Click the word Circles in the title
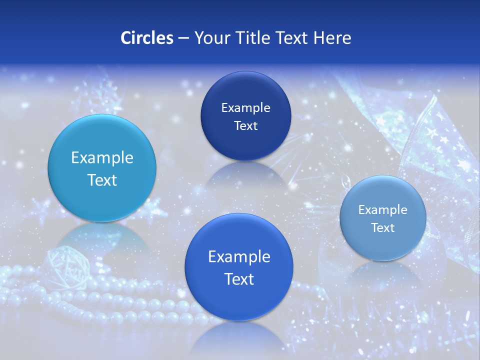pyautogui.click(x=146, y=38)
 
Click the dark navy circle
pyautogui.click(x=245, y=116)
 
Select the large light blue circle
pyautogui.click(x=102, y=168)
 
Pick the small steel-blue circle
pyautogui.click(x=383, y=218)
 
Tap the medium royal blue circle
pyautogui.click(x=239, y=267)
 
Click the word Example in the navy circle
pyautogui.click(x=245, y=107)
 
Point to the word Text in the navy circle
pyautogui.click(x=245, y=125)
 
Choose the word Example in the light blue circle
pyautogui.click(x=102, y=158)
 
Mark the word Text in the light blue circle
pyautogui.click(x=102, y=180)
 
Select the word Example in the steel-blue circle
pyautogui.click(x=383, y=209)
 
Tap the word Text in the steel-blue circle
pyautogui.click(x=383, y=227)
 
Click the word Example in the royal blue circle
pyautogui.click(x=239, y=257)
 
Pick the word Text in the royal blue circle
pyautogui.click(x=239, y=279)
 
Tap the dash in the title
pyautogui.click(x=183, y=38)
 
